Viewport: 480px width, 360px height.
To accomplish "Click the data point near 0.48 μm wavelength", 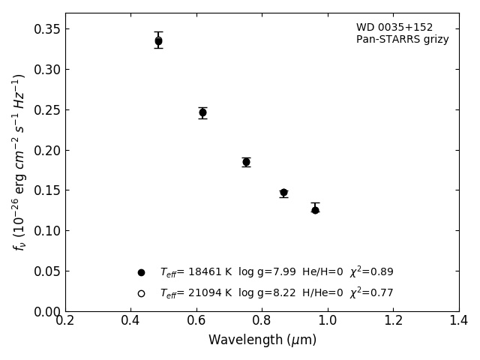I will (158, 41).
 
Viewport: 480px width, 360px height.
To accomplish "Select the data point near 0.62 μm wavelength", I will (202, 112).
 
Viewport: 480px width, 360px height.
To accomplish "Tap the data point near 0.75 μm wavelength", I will (246, 162).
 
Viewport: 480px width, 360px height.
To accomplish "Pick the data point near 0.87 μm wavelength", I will (283, 193).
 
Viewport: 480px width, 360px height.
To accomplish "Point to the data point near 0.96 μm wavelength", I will (315, 210).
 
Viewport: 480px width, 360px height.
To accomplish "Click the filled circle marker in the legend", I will (141, 272).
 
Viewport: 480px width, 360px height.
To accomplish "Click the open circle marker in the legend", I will (141, 293).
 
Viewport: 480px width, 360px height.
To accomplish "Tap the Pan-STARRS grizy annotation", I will (403, 40).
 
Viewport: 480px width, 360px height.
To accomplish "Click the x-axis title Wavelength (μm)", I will (262, 340).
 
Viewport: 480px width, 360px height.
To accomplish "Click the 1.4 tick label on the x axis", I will (458, 320).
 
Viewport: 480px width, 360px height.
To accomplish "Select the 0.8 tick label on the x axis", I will (262, 320).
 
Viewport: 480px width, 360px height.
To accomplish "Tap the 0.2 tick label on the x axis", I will (65, 320).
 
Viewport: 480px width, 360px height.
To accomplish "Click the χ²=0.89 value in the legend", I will (371, 272).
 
